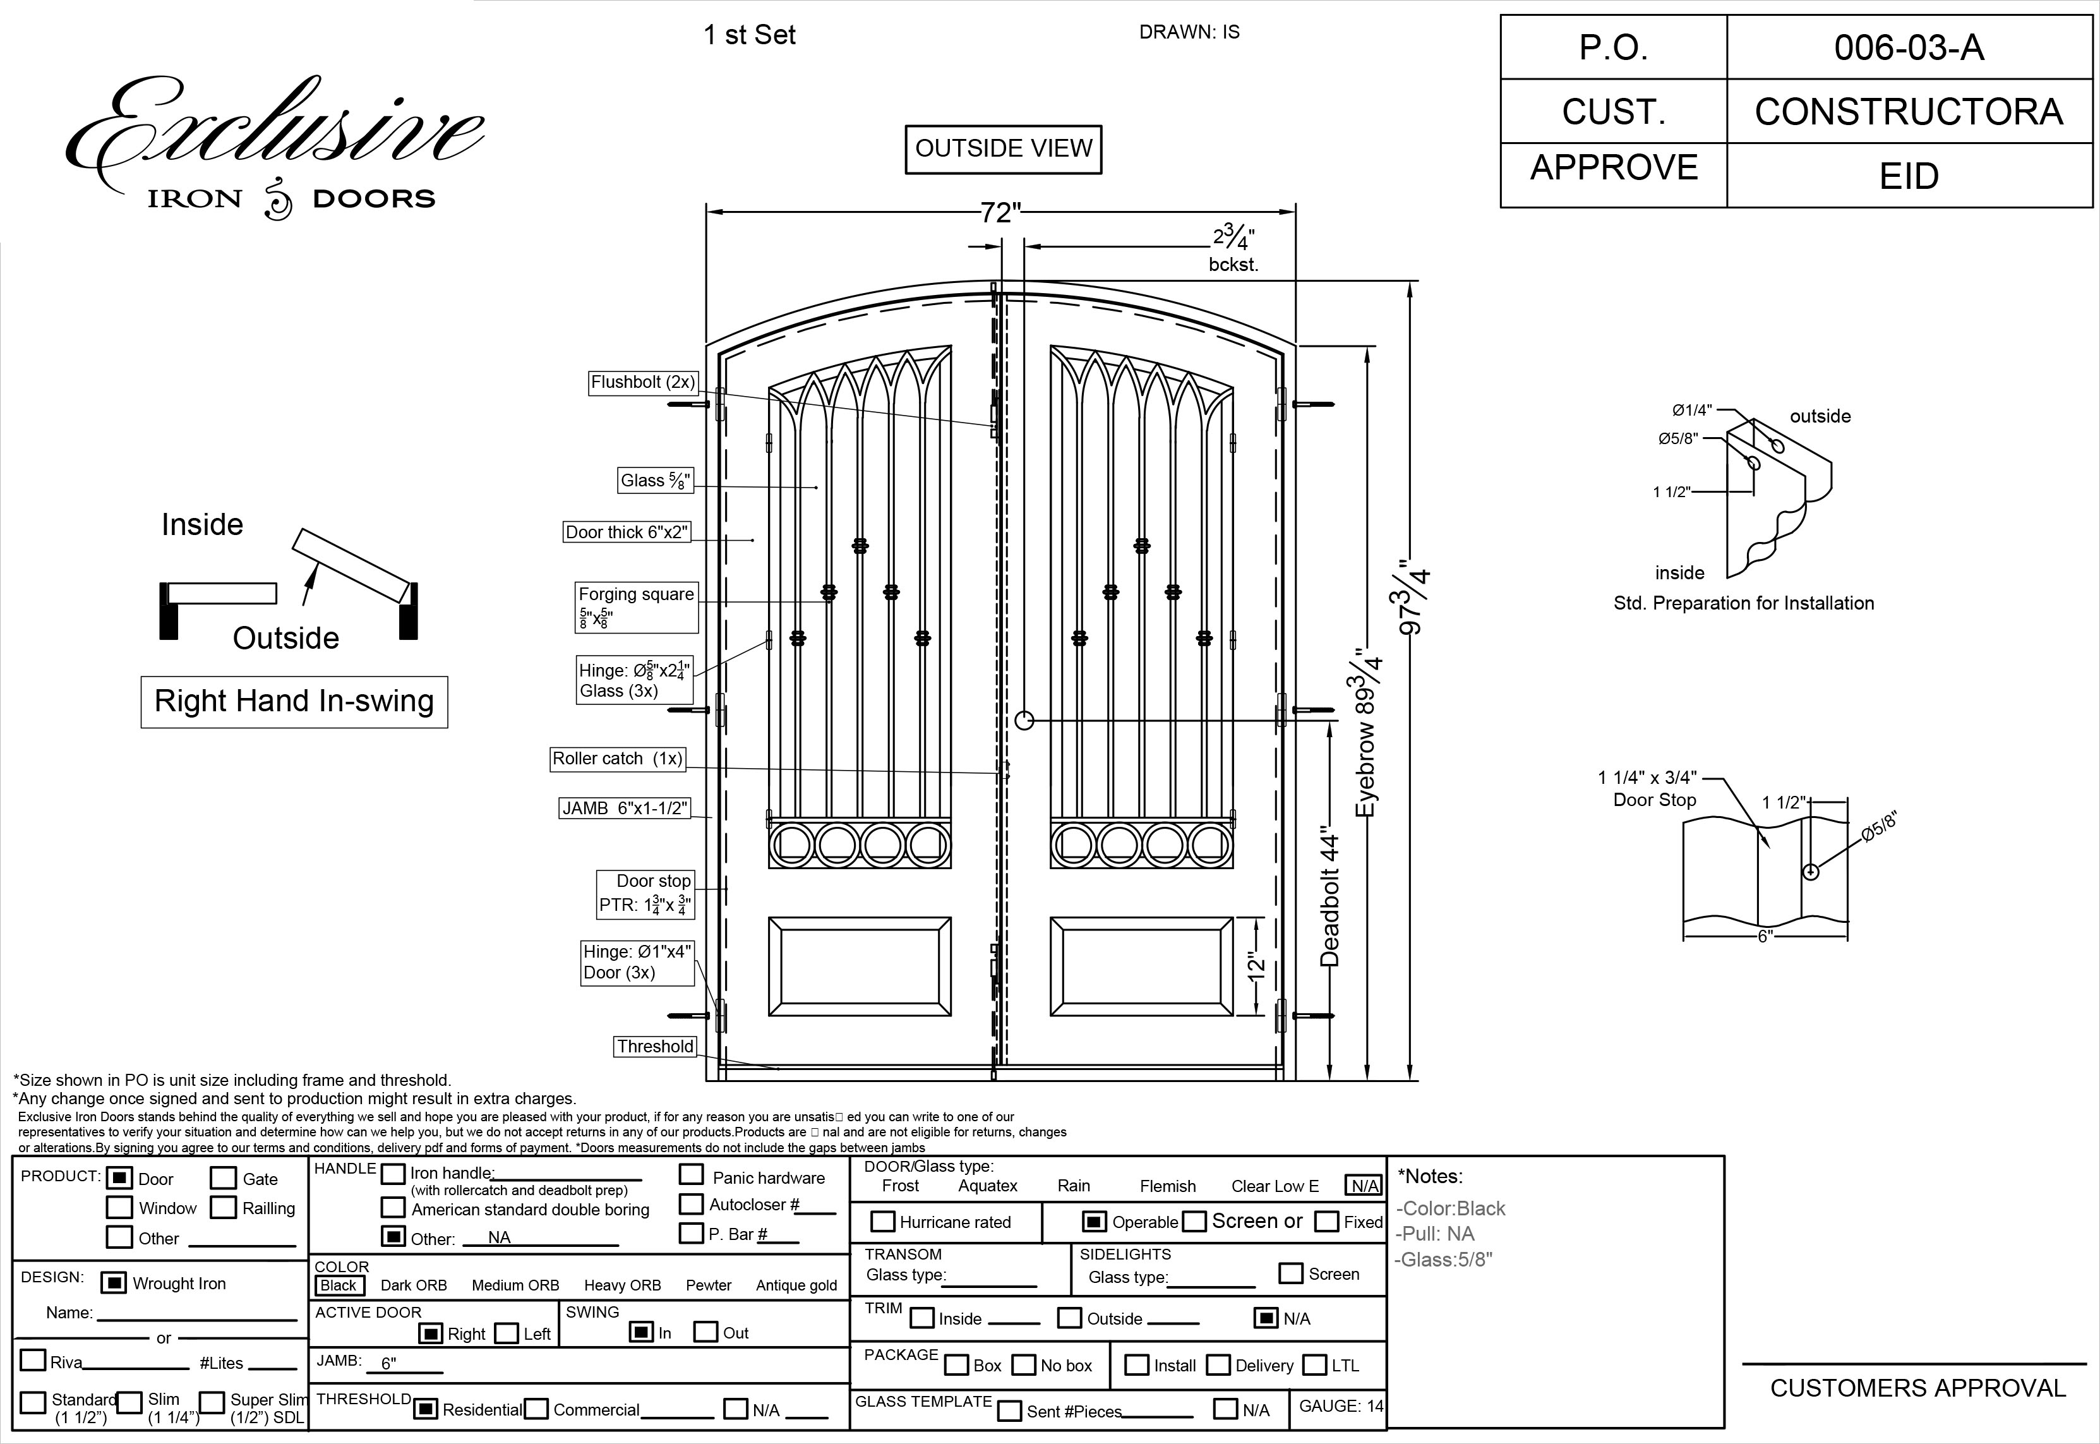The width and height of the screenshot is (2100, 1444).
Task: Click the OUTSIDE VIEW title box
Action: click(x=1003, y=149)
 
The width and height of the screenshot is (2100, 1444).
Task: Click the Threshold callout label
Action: click(x=655, y=1047)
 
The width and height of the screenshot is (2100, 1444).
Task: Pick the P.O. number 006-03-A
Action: click(x=1908, y=47)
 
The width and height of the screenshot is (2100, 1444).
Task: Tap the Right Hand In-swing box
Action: click(x=294, y=701)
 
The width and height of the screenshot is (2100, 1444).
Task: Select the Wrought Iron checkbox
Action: click(x=113, y=1283)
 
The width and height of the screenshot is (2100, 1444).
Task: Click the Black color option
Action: click(x=339, y=1285)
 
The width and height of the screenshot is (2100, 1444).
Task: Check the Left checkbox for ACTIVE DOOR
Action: click(x=507, y=1333)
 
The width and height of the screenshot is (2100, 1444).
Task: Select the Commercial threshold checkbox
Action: click(x=536, y=1409)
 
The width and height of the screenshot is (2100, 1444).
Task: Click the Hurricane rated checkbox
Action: click(x=882, y=1222)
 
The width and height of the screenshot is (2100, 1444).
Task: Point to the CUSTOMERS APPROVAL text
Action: click(x=1917, y=1388)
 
